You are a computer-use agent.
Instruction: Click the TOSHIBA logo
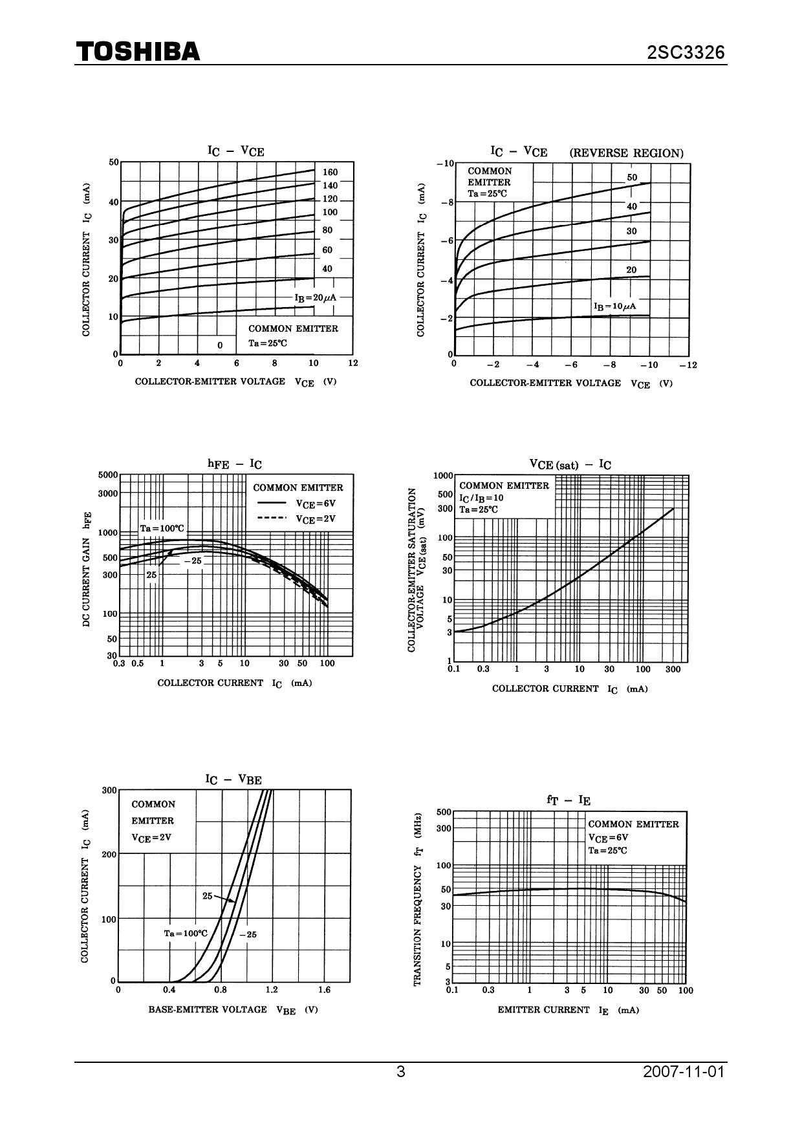[x=138, y=52]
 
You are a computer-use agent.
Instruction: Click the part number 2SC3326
[x=686, y=52]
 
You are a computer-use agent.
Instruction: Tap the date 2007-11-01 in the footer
[x=684, y=1072]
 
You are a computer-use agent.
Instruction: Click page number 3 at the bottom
[x=401, y=1072]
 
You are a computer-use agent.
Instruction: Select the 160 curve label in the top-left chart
[x=330, y=173]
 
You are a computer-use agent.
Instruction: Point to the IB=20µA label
[x=315, y=298]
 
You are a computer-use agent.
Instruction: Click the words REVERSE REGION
[x=626, y=153]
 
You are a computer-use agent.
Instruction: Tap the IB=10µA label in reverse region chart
[x=614, y=306]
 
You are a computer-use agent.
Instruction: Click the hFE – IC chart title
[x=234, y=464]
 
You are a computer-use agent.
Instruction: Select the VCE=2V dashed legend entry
[x=297, y=519]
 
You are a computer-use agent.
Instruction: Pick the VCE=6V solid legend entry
[x=297, y=504]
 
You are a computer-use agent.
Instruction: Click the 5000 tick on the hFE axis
[x=108, y=475]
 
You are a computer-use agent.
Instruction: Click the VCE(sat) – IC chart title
[x=570, y=464]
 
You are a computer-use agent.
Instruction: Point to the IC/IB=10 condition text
[x=481, y=498]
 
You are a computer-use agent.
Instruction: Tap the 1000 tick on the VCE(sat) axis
[x=443, y=476]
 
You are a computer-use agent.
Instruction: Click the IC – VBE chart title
[x=233, y=780]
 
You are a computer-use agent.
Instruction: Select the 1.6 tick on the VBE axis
[x=324, y=990]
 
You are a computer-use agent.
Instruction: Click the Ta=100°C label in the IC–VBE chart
[x=185, y=934]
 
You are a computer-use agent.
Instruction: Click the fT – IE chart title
[x=569, y=800]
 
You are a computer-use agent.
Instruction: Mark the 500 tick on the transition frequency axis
[x=444, y=812]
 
